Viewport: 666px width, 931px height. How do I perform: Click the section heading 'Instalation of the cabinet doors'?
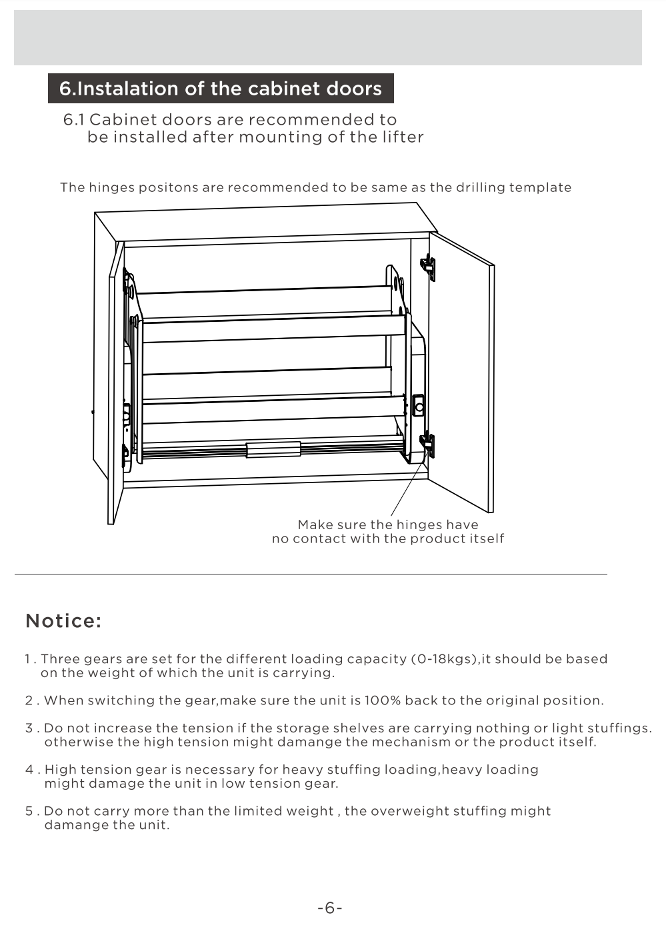(x=221, y=89)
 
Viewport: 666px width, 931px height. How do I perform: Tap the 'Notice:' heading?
(x=63, y=620)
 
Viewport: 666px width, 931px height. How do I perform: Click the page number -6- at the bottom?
(x=330, y=908)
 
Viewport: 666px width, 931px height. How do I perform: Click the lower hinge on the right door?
(x=428, y=445)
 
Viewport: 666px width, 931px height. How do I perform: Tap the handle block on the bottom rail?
(x=273, y=449)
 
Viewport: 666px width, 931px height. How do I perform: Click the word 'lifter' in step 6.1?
(x=403, y=137)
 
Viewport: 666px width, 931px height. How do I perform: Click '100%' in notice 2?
(x=383, y=700)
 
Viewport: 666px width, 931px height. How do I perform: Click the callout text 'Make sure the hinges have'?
(x=388, y=524)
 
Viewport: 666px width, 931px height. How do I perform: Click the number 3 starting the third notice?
(x=29, y=728)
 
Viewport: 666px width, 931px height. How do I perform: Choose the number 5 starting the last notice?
(x=29, y=811)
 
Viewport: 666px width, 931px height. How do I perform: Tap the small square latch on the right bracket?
(x=419, y=405)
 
